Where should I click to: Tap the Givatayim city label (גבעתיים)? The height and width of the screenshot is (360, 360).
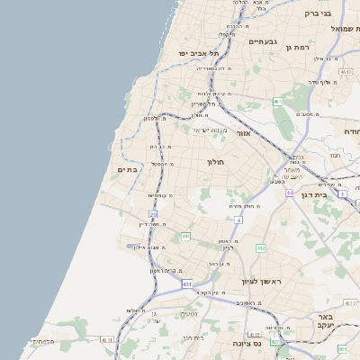(261, 41)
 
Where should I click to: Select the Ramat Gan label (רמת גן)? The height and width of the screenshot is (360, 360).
(297, 47)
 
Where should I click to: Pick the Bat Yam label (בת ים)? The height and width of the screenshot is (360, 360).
(127, 168)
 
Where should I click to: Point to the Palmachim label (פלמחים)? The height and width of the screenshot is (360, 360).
(42, 341)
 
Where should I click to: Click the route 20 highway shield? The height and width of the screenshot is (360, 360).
(153, 214)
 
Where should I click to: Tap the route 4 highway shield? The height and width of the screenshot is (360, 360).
(238, 220)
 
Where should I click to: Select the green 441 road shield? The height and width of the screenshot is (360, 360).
(185, 236)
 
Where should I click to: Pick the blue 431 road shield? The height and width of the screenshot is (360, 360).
(186, 284)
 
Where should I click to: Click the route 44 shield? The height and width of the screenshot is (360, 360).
(290, 193)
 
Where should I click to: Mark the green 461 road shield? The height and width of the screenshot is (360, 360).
(277, 102)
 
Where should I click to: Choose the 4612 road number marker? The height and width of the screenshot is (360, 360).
(346, 70)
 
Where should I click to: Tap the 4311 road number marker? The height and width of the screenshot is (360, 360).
(108, 340)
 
